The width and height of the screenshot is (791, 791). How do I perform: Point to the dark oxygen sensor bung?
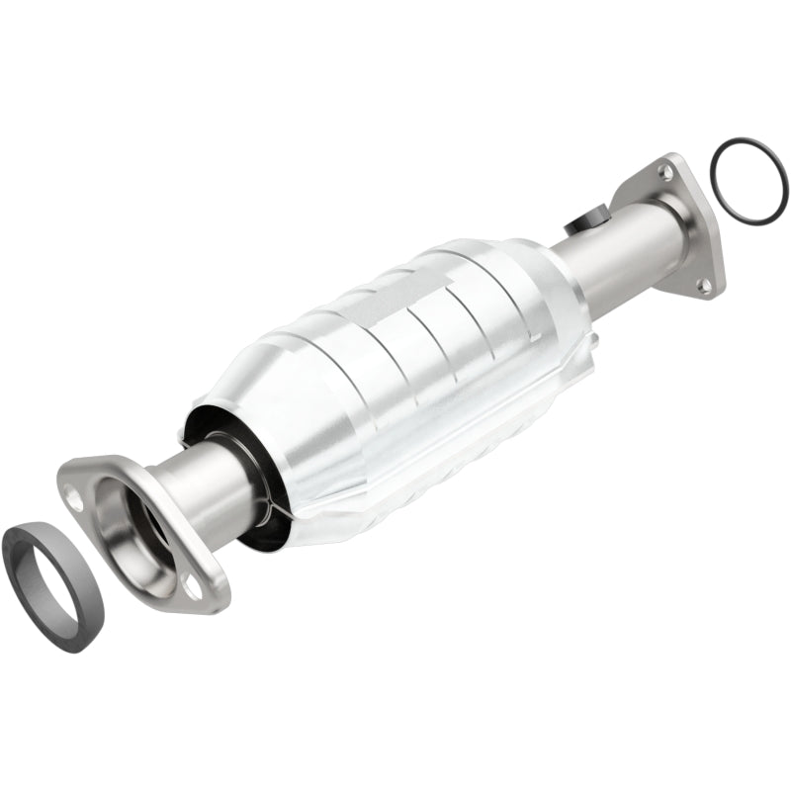coord(589,219)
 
